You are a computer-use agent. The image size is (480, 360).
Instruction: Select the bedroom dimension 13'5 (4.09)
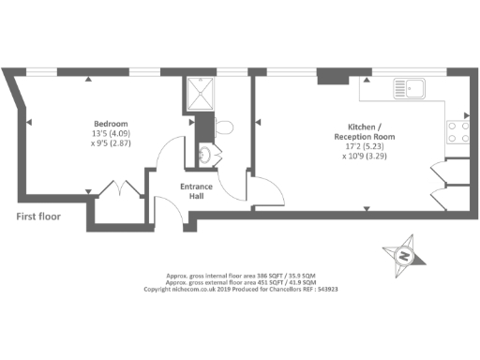pos(110,135)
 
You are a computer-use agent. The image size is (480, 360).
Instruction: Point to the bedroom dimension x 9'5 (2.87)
pos(110,146)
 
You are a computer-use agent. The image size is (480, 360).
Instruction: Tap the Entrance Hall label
pos(197,191)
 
